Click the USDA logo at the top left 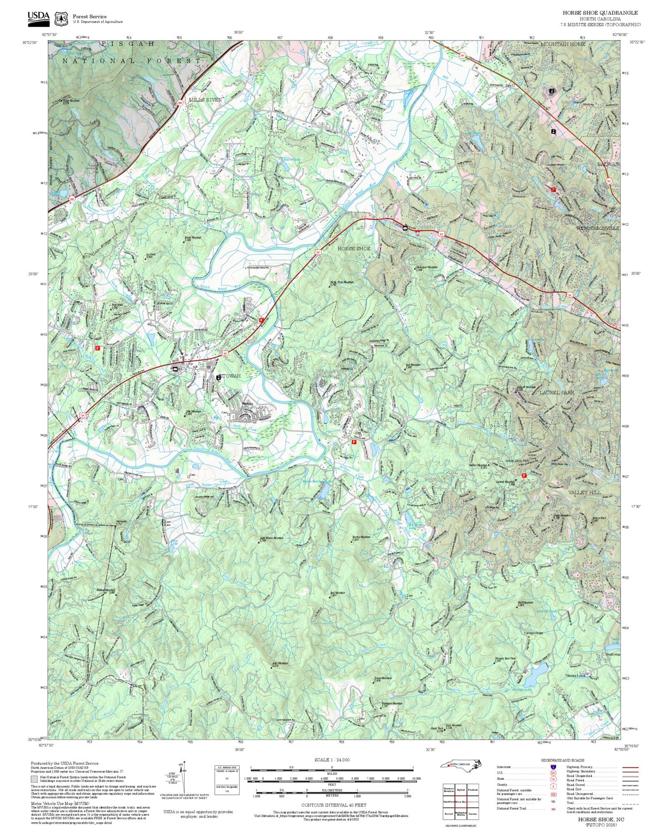coord(38,18)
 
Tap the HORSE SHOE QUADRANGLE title coord(600,12)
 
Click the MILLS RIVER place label coord(205,100)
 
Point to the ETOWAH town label coord(230,376)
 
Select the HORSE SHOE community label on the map coord(354,248)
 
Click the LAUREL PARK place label coord(556,392)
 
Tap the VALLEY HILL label coord(584,492)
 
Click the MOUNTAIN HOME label coord(563,44)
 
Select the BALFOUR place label coord(607,164)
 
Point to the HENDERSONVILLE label coord(597,228)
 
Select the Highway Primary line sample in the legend coord(630,767)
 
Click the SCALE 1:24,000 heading coord(332,760)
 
